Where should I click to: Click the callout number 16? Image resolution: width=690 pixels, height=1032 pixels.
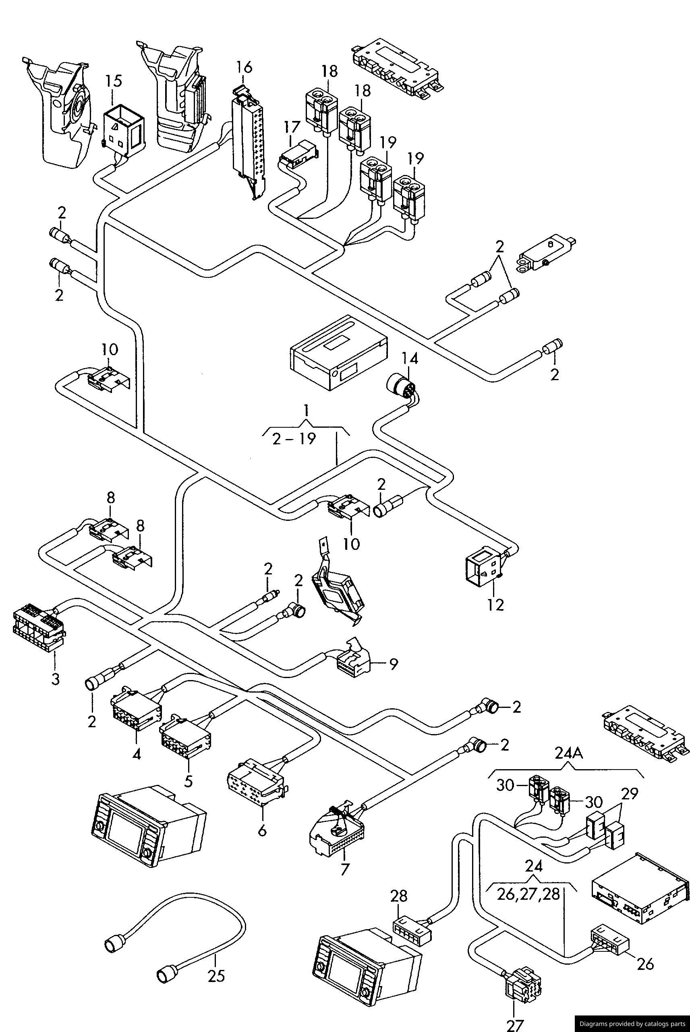[x=244, y=67]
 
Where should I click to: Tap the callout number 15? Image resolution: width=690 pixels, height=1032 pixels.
[x=113, y=81]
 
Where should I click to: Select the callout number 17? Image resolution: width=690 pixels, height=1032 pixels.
[x=292, y=127]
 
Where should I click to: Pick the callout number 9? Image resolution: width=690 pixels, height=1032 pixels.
[x=394, y=664]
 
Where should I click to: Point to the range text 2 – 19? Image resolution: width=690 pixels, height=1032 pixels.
[x=294, y=439]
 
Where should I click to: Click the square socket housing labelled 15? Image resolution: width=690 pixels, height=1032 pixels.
[x=122, y=129]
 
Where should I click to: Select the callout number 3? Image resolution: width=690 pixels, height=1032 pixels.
[x=55, y=679]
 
